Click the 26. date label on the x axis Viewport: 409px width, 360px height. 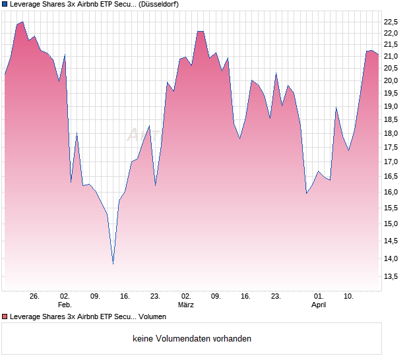click(35, 296)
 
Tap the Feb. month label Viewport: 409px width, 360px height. click(65, 305)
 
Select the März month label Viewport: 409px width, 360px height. click(186, 305)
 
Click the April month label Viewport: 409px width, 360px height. click(319, 305)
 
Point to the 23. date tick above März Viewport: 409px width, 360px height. click(156, 296)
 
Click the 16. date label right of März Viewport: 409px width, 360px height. click(246, 296)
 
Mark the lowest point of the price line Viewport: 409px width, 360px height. click(113, 264)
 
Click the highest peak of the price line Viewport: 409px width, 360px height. click(22, 22)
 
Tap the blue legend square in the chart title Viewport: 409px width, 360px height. click(5, 4)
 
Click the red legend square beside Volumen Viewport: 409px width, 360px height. click(5, 316)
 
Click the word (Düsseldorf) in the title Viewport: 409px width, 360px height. click(159, 4)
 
